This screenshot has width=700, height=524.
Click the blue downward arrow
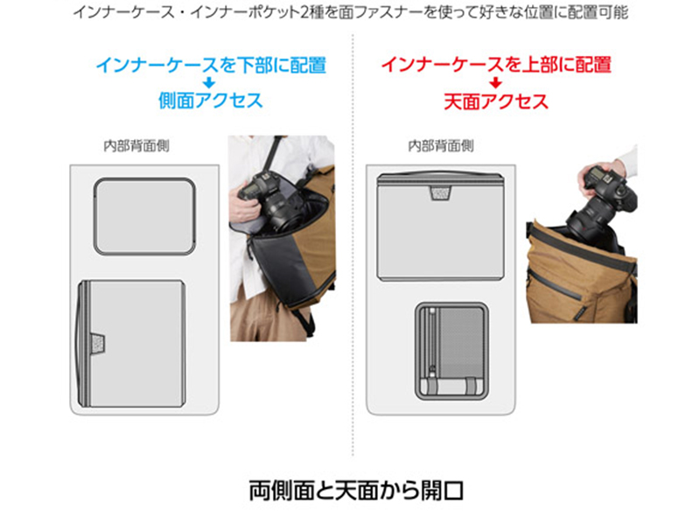click(x=208, y=83)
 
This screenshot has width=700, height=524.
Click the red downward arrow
click(x=495, y=83)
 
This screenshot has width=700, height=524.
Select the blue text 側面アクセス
click(x=210, y=101)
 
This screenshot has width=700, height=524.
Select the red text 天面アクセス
click(x=496, y=101)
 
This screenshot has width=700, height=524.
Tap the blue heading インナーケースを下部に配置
click(x=211, y=65)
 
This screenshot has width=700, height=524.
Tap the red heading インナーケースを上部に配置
click(x=496, y=65)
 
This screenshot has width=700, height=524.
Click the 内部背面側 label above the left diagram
click(x=136, y=145)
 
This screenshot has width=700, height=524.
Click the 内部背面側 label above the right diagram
click(x=441, y=145)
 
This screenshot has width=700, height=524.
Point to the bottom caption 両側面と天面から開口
click(x=356, y=490)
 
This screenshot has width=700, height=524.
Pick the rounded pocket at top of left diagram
click(x=144, y=216)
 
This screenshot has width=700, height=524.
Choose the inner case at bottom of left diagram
click(x=130, y=343)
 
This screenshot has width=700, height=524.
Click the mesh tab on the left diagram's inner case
click(x=98, y=343)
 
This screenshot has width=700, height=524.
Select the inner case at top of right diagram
click(x=441, y=227)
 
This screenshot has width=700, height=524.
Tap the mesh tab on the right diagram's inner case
click(x=441, y=192)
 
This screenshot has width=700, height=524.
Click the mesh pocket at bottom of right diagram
click(x=451, y=352)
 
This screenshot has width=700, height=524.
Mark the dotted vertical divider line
click(x=353, y=245)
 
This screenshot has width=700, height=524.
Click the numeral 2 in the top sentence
click(x=304, y=12)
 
